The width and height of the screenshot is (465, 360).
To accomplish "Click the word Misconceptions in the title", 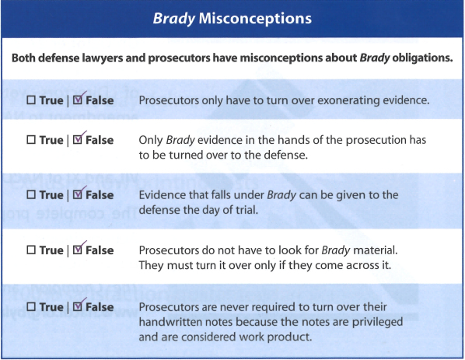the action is point(255,19).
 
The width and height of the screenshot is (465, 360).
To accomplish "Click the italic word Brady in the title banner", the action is point(174,19).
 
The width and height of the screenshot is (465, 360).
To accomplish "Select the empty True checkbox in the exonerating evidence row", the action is point(31,100).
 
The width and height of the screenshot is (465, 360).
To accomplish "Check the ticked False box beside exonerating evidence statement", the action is point(78,100).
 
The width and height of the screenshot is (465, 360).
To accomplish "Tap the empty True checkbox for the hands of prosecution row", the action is point(31,140).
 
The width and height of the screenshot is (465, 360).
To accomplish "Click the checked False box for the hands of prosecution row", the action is point(78,140).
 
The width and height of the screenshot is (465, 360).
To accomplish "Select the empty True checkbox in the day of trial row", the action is point(31,195).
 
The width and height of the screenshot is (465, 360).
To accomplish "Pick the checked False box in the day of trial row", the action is point(78,195).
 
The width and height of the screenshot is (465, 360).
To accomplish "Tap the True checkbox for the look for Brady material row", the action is point(31,250).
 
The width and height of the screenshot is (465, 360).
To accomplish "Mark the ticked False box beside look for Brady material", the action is point(78,250).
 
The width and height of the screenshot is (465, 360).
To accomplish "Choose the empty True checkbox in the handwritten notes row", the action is point(31,306).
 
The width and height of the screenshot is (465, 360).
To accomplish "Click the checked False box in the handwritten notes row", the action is point(78,306).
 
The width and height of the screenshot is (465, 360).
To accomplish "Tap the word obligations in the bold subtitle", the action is point(422,58).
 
